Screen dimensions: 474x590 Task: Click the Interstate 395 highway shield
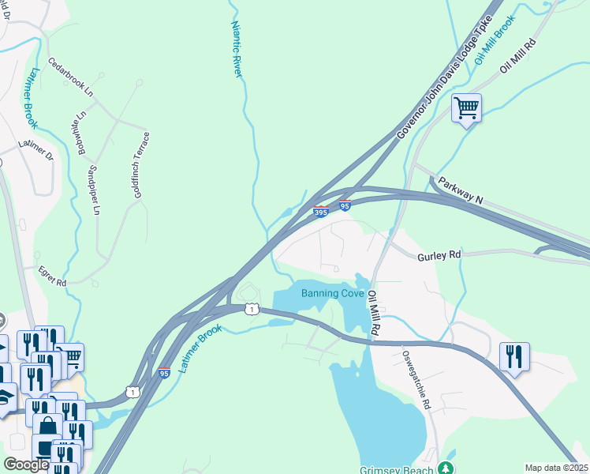(321, 211)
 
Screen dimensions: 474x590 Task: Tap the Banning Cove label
(332, 294)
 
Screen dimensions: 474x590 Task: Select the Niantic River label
(236, 49)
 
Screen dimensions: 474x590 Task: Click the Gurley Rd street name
(439, 254)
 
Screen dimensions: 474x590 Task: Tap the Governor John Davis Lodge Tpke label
(447, 77)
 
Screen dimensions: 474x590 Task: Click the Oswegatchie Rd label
(416, 379)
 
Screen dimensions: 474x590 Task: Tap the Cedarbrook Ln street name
(70, 77)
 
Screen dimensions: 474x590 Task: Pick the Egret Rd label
(53, 276)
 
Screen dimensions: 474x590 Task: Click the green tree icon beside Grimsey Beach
(446, 467)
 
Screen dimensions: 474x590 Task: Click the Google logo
(26, 465)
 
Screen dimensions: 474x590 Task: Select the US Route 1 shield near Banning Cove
(251, 308)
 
